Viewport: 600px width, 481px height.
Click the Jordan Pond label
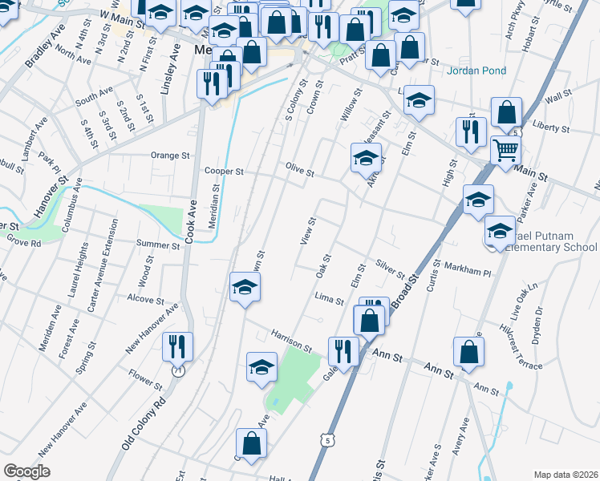(x=476, y=71)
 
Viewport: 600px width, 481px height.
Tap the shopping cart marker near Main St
(x=505, y=150)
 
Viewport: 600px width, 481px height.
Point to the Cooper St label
(x=223, y=171)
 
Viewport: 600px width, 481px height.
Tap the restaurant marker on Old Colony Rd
(x=177, y=346)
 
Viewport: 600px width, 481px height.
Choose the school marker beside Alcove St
(x=245, y=288)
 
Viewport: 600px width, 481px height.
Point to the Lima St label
(x=329, y=301)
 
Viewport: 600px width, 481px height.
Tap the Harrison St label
(x=290, y=339)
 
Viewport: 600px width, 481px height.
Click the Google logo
(x=27, y=471)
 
